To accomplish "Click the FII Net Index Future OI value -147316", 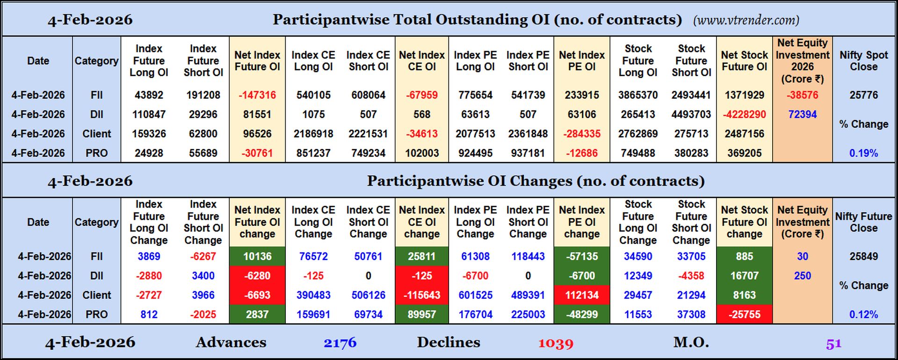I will (257, 95).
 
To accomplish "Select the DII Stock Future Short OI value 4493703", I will (691, 115).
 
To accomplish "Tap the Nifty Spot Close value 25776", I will (863, 95).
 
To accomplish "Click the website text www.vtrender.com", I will (746, 20).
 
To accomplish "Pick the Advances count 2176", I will (340, 343).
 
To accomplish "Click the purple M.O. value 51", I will (833, 344).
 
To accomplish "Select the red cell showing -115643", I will (421, 295).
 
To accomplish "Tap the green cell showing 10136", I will (257, 257).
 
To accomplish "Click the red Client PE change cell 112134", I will (581, 295).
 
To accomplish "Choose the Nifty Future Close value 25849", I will (863, 257).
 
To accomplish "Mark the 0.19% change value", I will (863, 153).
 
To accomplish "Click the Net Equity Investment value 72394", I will (802, 115).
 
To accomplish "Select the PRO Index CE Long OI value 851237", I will (313, 153).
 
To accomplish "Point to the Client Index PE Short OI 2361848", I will (528, 134).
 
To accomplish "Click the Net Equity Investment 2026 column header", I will (802, 61).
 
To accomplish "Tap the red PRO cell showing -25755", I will (744, 315).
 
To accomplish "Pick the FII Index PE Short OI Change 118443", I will (528, 257).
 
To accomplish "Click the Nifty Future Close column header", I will (863, 222).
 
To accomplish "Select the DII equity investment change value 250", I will (802, 276).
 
